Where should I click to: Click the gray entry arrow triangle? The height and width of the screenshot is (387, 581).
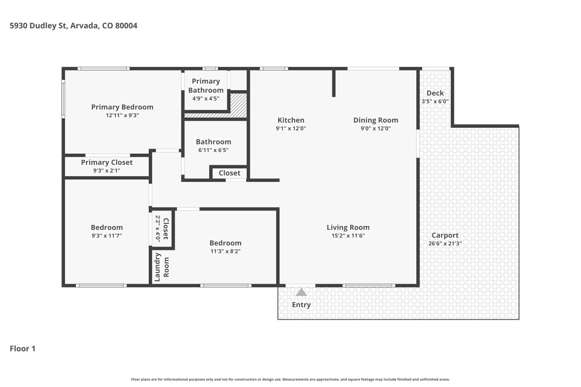click(301, 292)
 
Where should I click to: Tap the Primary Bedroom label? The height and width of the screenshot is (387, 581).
click(122, 107)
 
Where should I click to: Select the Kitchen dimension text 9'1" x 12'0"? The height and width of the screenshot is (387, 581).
click(291, 128)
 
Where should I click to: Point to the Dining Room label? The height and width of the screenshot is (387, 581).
click(376, 120)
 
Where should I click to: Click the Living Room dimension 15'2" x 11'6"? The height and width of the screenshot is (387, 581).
click(348, 236)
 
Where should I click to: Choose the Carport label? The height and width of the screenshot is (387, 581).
click(445, 235)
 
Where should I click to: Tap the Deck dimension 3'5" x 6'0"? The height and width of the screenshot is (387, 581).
click(435, 101)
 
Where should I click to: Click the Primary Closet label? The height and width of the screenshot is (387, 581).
click(107, 162)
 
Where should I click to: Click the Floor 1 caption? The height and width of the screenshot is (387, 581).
click(22, 349)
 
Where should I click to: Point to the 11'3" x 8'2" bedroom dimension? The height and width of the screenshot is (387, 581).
click(225, 251)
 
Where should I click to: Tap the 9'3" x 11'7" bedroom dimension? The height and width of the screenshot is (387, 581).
click(107, 236)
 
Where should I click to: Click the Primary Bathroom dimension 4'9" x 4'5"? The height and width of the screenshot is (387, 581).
click(206, 99)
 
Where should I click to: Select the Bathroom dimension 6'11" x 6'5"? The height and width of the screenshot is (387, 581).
click(213, 150)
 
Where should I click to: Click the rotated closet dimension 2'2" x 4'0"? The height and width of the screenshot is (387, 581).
click(158, 228)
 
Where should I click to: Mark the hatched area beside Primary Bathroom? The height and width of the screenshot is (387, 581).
click(238, 105)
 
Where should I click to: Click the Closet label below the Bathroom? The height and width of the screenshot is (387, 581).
click(230, 173)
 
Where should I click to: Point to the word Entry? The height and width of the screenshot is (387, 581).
click(301, 305)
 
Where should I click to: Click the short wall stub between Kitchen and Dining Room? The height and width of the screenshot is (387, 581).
click(334, 83)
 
